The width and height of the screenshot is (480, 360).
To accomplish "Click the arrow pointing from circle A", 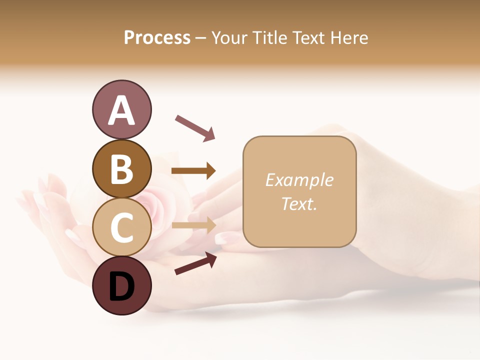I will pyautogui.click(x=195, y=128).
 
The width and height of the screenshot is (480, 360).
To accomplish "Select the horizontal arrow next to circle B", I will pyautogui.click(x=193, y=171).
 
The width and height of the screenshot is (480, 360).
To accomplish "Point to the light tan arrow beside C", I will pyautogui.click(x=193, y=225).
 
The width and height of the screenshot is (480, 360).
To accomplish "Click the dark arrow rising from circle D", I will pyautogui.click(x=195, y=263).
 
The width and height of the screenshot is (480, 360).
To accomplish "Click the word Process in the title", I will pyautogui.click(x=157, y=37).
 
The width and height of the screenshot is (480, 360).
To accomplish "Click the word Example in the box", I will pyautogui.click(x=299, y=180).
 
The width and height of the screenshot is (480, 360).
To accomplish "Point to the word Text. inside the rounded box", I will pyautogui.click(x=299, y=203).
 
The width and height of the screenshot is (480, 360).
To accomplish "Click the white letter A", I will pyautogui.click(x=121, y=110).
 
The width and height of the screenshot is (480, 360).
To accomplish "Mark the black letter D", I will pyautogui.click(x=121, y=287).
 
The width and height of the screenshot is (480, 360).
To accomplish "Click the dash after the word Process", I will pyautogui.click(x=201, y=38).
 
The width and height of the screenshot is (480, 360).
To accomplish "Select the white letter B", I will pyautogui.click(x=121, y=169).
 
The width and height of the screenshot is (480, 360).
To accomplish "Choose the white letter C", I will pyautogui.click(x=121, y=228).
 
